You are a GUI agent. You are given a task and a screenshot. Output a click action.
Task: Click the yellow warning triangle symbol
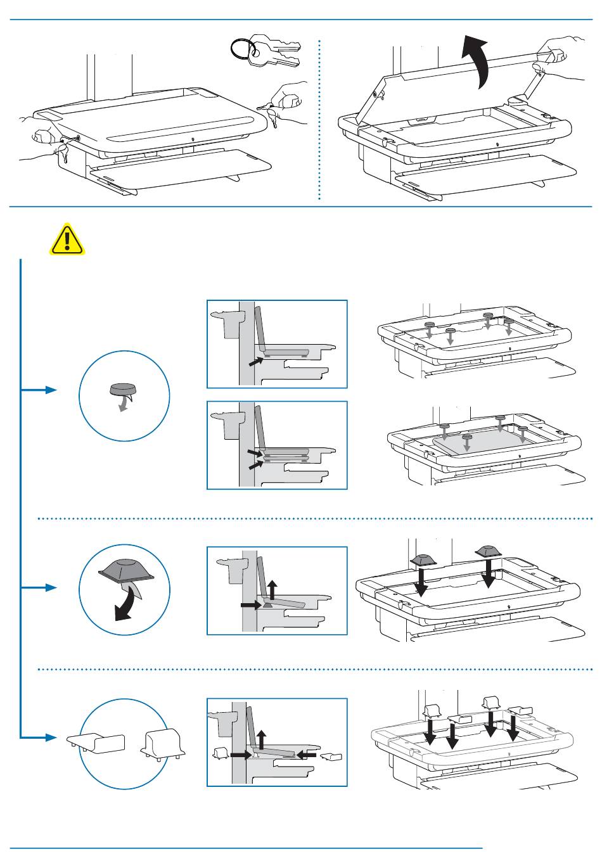pyautogui.click(x=68, y=239)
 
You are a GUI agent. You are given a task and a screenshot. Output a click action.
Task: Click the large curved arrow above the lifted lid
pyautogui.click(x=477, y=61)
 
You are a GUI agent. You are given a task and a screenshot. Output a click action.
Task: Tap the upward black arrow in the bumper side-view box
pyautogui.click(x=272, y=589)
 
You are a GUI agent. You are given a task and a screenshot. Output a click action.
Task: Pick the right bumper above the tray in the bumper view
pyautogui.click(x=487, y=550)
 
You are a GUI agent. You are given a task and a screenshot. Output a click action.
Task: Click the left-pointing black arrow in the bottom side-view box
pyautogui.click(x=306, y=755)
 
